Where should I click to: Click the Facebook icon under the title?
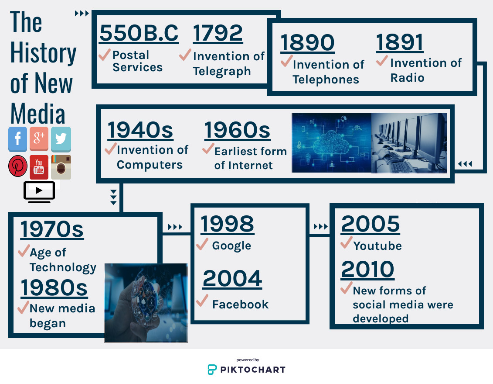point(17,139)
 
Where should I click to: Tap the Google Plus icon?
point(39,139)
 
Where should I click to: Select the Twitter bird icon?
point(61,139)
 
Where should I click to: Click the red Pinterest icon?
point(17,166)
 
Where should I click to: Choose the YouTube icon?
point(39,167)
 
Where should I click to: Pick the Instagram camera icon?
point(61,167)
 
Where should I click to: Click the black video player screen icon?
point(39,192)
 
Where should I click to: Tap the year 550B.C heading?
point(139,33)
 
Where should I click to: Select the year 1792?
point(218,33)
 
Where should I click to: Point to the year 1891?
point(400,42)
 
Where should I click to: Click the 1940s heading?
point(140,130)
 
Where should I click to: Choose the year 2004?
point(232,279)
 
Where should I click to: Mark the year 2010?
point(367,270)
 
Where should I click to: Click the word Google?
point(232,246)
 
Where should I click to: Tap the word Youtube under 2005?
point(377,246)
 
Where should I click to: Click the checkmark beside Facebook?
point(203,301)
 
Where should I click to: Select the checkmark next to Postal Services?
point(105,55)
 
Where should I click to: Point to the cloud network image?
point(331,143)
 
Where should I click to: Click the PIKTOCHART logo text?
point(253,370)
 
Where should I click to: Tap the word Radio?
point(407,78)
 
